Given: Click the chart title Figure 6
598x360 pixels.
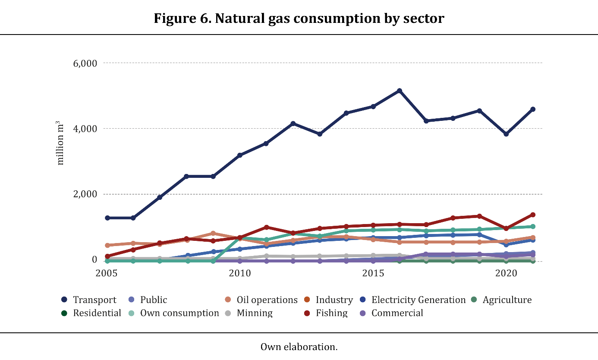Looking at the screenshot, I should click(x=299, y=19).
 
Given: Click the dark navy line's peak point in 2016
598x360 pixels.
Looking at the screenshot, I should click(x=400, y=91).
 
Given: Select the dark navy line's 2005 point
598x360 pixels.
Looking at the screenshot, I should click(x=107, y=218).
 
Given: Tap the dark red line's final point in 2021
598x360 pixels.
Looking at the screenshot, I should click(x=533, y=215).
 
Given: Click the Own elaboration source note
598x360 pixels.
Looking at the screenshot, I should click(x=299, y=347).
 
